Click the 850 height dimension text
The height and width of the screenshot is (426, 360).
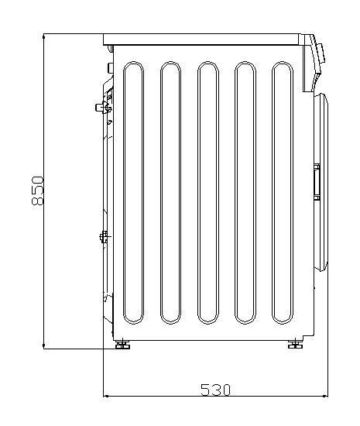37,191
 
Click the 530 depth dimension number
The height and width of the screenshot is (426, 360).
216,390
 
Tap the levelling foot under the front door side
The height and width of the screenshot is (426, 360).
295,344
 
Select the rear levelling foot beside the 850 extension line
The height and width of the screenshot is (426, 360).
122,345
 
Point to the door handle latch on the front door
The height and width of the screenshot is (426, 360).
316,180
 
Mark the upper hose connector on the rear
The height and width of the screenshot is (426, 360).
102,105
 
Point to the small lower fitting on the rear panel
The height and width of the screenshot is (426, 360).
104,236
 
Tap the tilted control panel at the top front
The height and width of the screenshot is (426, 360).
313,62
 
